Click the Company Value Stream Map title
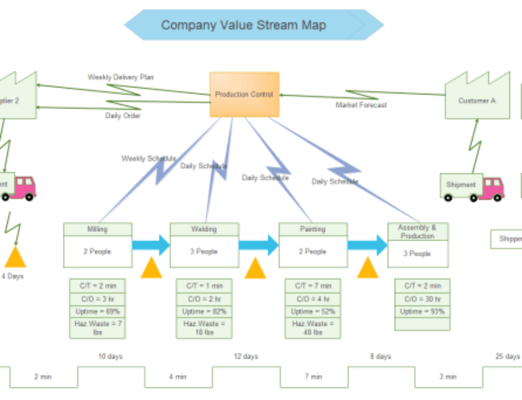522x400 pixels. click(243, 25)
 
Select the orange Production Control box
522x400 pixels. click(244, 95)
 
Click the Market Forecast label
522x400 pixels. click(361, 105)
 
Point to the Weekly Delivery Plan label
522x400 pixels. click(121, 77)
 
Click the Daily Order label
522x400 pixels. click(123, 115)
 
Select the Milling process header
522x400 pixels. click(98, 229)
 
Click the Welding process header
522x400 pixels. click(204, 229)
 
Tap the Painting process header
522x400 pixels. click(313, 229)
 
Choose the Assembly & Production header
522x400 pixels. click(418, 232)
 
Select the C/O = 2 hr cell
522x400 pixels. click(204, 299)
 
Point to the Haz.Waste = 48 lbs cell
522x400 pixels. click(312, 328)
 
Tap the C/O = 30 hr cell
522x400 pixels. click(422, 299)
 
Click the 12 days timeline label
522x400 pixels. click(245, 357)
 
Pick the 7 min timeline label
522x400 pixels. click(313, 377)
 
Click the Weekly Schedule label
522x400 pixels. click(149, 158)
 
